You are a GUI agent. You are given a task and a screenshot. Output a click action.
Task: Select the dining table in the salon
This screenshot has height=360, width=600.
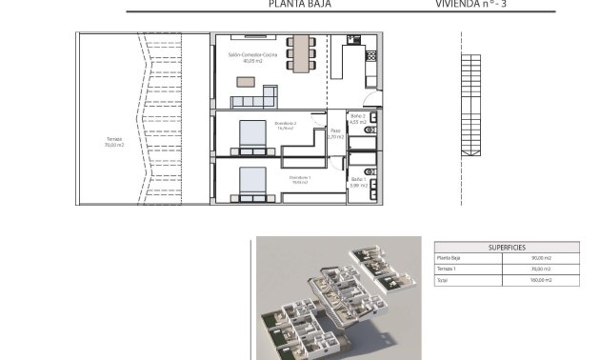pos(303,53)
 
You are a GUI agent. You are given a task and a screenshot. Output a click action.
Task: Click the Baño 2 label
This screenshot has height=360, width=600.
pos(358,119)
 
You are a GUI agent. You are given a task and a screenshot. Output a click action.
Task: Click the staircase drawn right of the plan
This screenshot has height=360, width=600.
pos(468,105)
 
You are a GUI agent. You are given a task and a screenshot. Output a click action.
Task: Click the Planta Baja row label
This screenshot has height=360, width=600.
pos(450,258)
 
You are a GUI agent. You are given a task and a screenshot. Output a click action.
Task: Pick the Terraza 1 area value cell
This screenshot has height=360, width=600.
pos(541,270)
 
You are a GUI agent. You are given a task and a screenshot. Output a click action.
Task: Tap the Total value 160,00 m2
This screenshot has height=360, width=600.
pos(541,281)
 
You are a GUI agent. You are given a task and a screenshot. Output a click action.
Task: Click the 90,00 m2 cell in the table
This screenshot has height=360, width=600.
pos(541,258)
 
